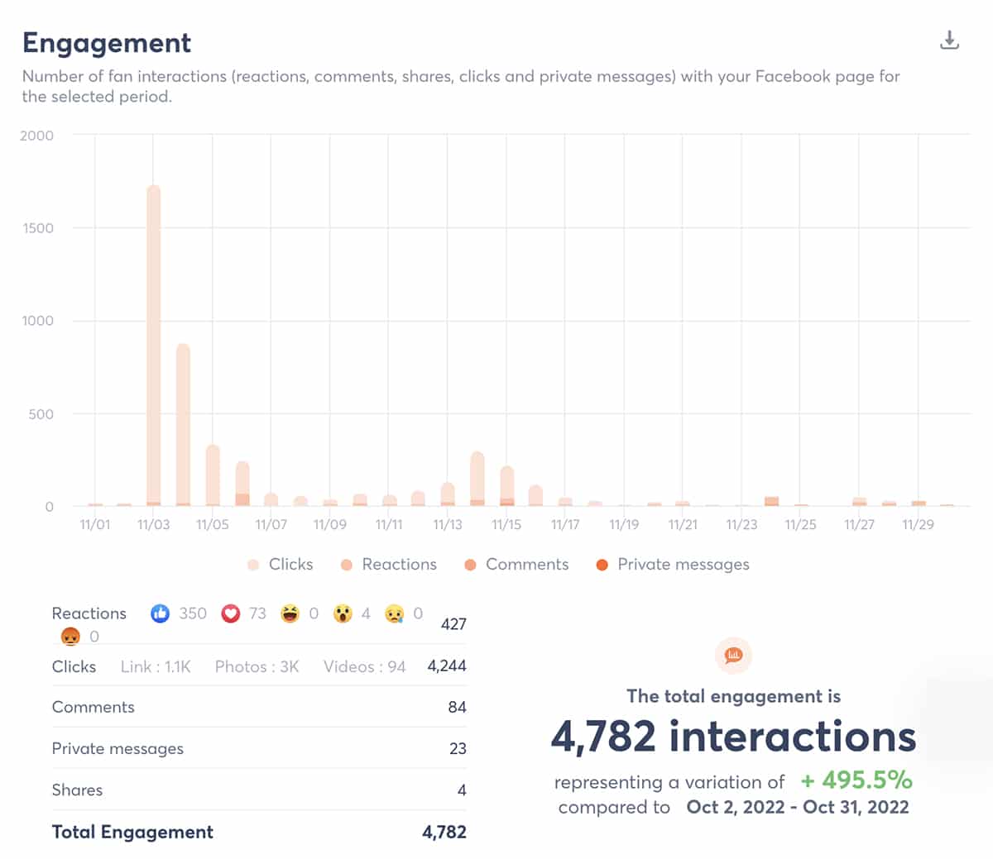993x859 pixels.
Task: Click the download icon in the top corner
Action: click(x=949, y=41)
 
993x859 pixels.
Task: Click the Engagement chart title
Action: click(x=107, y=43)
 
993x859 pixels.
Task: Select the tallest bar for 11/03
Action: click(x=154, y=347)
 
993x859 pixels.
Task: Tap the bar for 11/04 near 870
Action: click(x=183, y=426)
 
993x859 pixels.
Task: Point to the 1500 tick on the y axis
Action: click(x=38, y=228)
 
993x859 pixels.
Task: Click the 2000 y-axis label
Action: click(x=36, y=136)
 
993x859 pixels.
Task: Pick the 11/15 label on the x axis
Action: click(x=506, y=525)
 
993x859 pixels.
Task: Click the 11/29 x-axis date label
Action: click(x=918, y=525)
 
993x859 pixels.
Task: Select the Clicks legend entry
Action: click(x=281, y=565)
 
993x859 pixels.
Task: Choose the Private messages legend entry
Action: click(x=672, y=565)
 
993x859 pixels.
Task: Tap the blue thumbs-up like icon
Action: click(x=161, y=613)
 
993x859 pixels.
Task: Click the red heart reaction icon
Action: click(x=231, y=613)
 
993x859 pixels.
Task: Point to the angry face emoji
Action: click(x=70, y=637)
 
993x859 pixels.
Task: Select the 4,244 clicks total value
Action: click(x=447, y=666)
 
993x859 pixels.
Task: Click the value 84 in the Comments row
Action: click(x=457, y=708)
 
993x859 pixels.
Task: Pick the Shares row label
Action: click(x=77, y=790)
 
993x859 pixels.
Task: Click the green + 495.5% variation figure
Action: click(x=856, y=780)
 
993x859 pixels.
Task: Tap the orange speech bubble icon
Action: click(x=733, y=656)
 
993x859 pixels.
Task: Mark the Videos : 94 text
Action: click(x=364, y=667)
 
